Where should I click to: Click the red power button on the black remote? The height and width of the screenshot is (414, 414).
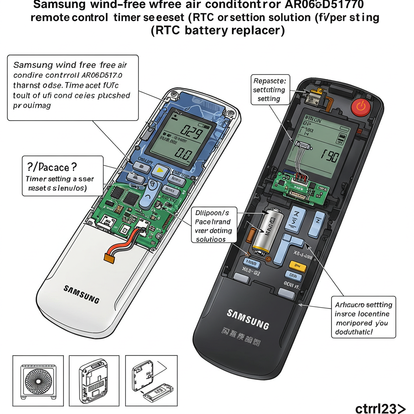361,107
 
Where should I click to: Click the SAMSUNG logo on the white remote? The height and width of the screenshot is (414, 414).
81,294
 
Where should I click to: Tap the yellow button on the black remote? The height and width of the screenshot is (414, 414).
298,265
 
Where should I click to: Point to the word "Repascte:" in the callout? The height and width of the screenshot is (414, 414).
268,80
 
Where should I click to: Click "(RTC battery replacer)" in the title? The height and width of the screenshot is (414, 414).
218,31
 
